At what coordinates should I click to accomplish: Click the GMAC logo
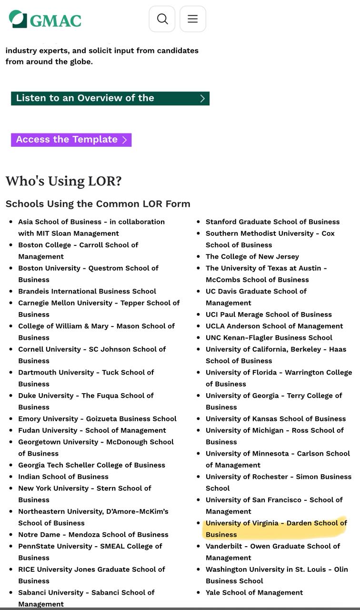[45, 19]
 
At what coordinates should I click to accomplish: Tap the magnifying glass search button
[162, 19]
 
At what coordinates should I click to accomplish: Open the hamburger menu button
[193, 19]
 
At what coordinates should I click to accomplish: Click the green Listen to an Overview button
[110, 98]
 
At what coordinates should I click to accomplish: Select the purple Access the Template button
[71, 140]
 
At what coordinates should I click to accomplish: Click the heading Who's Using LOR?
[64, 181]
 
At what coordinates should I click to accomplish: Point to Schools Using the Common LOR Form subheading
[98, 204]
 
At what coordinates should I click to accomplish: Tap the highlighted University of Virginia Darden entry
[276, 529]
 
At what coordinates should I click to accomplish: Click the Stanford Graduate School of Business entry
[272, 222]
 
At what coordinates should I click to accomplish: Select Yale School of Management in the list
[254, 592]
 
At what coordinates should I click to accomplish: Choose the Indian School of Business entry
[63, 477]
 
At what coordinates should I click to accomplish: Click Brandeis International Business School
[87, 291]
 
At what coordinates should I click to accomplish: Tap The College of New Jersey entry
[252, 256]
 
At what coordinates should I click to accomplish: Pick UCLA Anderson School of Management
[274, 326]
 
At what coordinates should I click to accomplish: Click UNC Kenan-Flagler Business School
[269, 337]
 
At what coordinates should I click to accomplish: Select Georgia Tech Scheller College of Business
[92, 465]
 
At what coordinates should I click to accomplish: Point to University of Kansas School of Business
[276, 418]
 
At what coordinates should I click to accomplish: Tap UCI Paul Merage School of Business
[269, 315]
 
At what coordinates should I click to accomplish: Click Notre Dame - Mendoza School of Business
[93, 535]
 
